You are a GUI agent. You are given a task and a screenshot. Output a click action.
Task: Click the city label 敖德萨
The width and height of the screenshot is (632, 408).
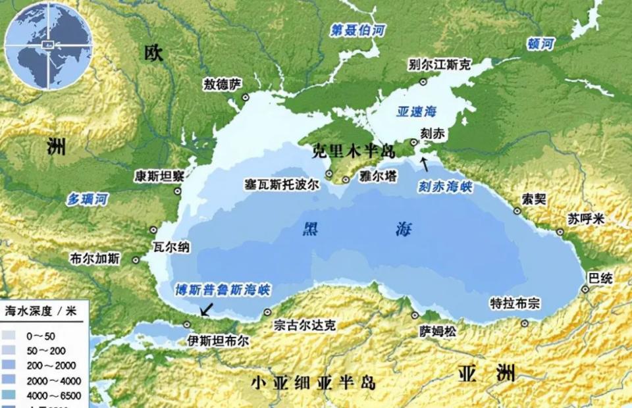[x=223, y=84]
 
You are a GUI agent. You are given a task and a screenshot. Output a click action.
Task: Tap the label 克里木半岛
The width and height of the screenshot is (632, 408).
[x=353, y=151]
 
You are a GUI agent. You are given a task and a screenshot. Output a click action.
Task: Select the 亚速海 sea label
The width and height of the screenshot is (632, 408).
[x=417, y=111]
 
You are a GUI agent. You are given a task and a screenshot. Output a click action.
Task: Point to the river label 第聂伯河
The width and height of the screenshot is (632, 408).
[x=358, y=30]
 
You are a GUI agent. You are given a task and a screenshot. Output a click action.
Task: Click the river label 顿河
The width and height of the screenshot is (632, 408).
[x=541, y=44]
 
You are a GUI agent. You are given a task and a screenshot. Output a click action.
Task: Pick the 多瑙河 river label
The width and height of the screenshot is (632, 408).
[x=88, y=198]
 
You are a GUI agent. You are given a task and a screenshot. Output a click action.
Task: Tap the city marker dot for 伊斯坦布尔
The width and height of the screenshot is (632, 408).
[x=187, y=324]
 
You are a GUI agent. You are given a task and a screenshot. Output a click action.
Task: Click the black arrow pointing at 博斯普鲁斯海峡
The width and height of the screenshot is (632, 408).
[x=207, y=309]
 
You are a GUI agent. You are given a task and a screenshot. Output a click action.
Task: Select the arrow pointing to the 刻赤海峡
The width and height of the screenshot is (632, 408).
[x=425, y=162]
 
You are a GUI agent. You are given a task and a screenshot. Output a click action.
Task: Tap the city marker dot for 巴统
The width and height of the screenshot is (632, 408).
[x=585, y=290]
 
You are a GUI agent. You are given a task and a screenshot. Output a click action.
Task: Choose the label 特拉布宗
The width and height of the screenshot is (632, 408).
[x=515, y=303]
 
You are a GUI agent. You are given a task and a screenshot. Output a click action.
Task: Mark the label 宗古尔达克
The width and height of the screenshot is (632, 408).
[x=305, y=325]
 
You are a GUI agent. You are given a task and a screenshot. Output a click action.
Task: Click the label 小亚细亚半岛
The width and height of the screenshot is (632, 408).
[x=313, y=382]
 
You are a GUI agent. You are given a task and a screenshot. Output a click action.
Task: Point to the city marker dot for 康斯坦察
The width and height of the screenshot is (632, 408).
[x=178, y=191]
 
